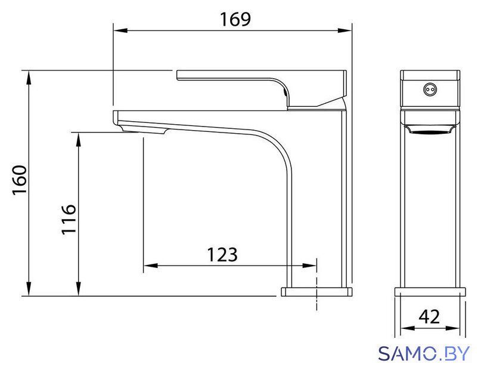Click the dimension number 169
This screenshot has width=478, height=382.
pos(235,19)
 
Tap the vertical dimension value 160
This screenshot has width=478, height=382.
pos(20,180)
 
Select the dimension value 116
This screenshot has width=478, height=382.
pos(69,220)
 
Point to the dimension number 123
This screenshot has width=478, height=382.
pos(222,254)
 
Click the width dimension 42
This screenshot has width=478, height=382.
pos(429,317)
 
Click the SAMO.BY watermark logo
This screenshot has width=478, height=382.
pos(424,353)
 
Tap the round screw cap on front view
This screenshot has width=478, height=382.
pos(430,90)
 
